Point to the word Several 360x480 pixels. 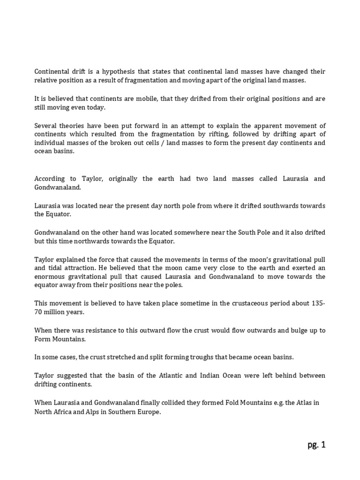click(46, 125)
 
